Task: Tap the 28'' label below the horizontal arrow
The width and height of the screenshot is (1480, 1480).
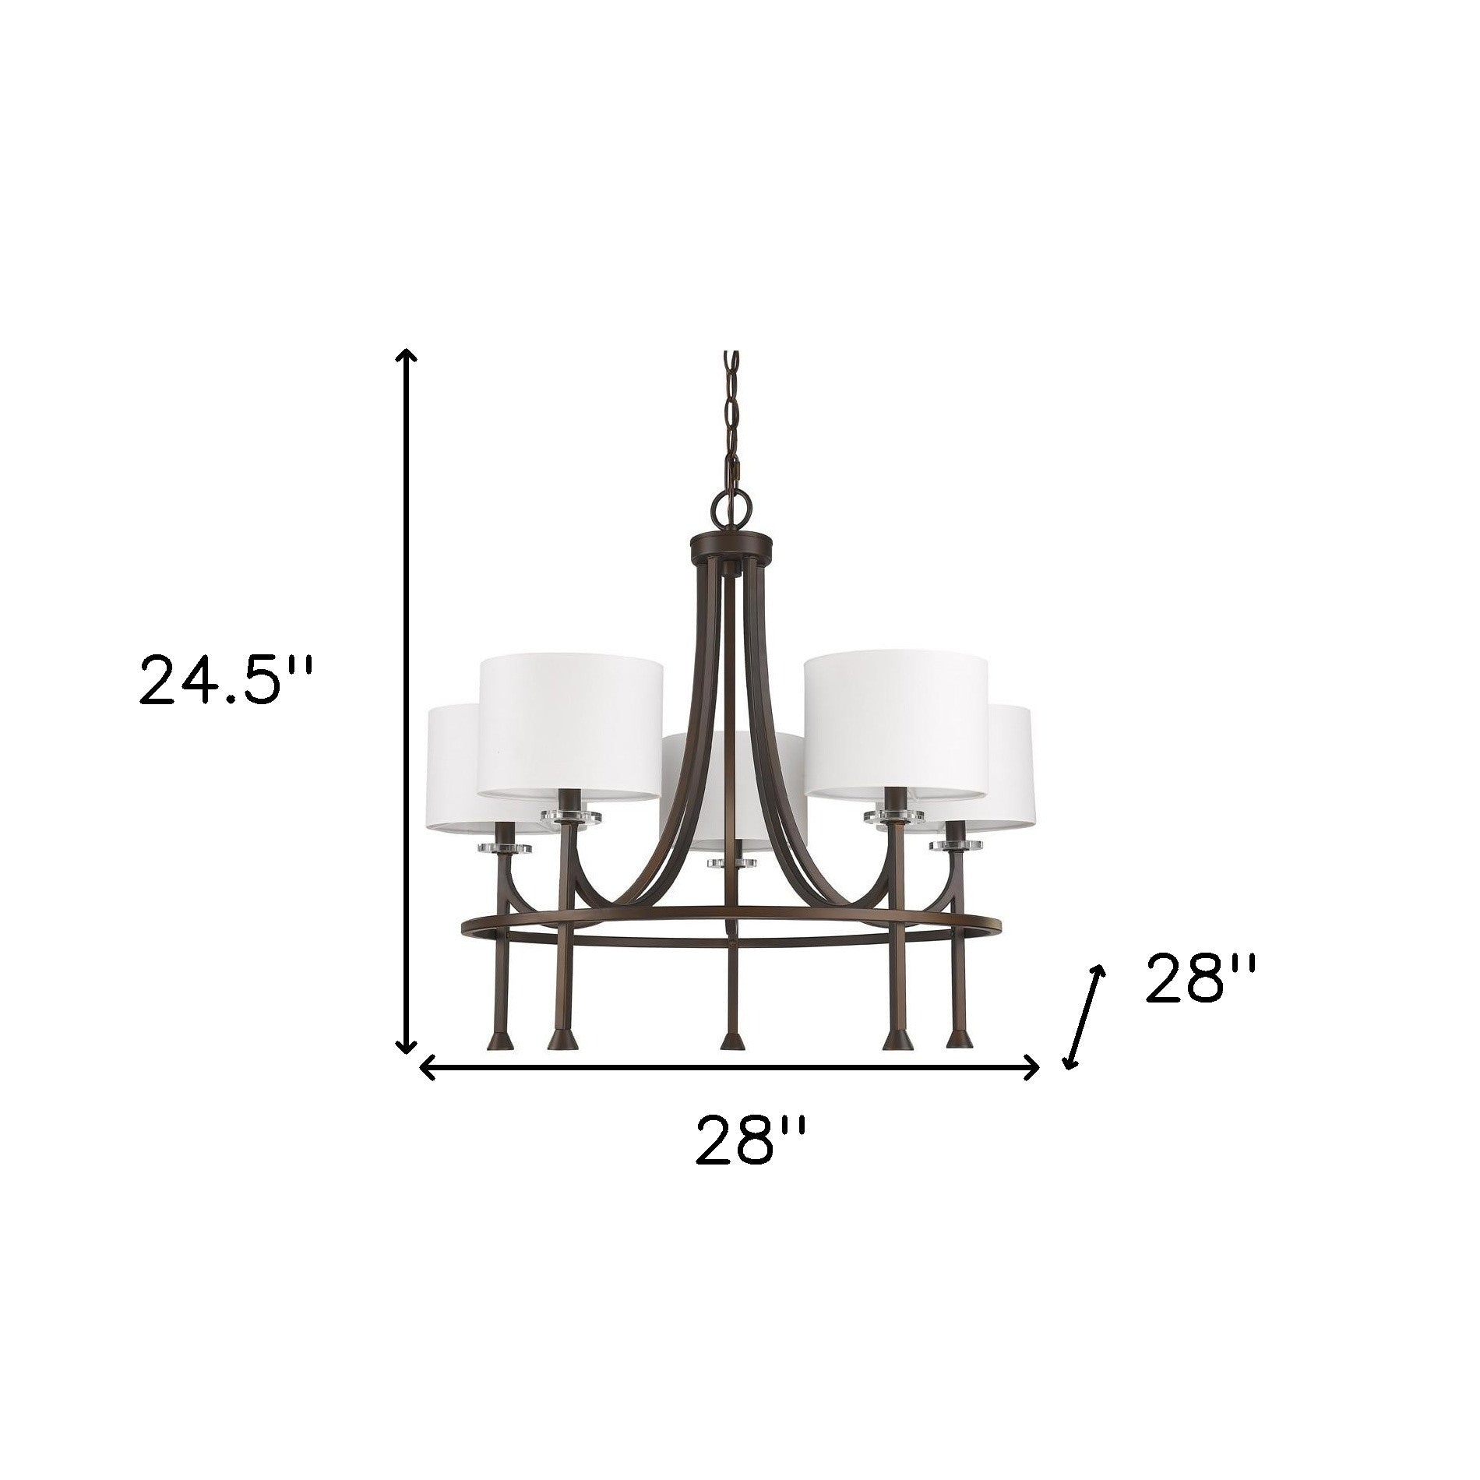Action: click(x=747, y=1155)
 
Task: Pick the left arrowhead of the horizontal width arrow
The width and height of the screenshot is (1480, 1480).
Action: click(x=427, y=1066)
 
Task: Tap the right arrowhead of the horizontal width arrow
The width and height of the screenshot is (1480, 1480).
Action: click(x=1032, y=1066)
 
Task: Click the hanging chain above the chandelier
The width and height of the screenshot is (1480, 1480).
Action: click(x=732, y=421)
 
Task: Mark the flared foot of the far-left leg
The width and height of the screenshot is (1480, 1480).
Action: click(x=495, y=1040)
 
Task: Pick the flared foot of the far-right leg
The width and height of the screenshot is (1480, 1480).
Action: click(x=960, y=1040)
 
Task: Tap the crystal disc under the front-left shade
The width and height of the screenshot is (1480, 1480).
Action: click(x=571, y=816)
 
